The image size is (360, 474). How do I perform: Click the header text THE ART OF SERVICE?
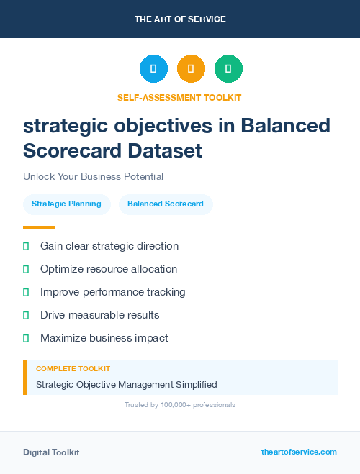pos(180,19)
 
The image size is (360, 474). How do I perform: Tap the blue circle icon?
pos(153,69)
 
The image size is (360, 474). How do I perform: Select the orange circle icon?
pos(191,69)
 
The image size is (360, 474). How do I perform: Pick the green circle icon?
pos(228,69)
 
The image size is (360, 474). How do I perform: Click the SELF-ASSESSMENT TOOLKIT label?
pos(179,97)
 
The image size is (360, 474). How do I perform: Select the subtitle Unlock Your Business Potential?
pos(93,176)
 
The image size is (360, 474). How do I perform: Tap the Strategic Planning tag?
pos(66,204)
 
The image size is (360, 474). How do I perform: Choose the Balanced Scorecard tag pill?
pos(166,204)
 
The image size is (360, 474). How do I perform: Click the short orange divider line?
pos(39,227)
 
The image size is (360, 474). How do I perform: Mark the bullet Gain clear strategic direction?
pos(109,246)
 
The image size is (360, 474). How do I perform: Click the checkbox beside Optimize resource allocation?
pos(26,269)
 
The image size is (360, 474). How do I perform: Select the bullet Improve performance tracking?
pos(112,292)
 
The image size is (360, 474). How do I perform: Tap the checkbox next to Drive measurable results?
pos(26,315)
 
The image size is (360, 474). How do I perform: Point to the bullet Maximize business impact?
pos(104,338)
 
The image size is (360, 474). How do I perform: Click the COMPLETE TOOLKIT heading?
pos(73,369)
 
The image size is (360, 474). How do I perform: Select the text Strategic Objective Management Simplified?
pos(126,385)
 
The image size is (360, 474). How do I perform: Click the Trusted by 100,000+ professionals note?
pos(179,405)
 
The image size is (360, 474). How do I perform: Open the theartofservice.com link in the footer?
pos(299,452)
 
